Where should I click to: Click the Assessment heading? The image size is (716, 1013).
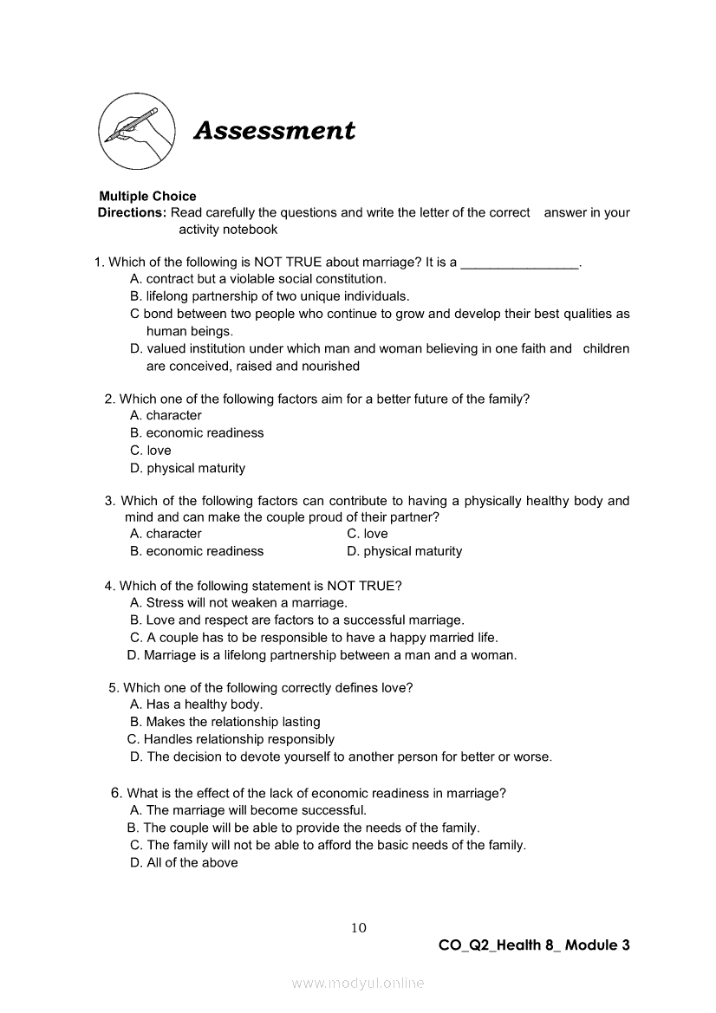coord(274,131)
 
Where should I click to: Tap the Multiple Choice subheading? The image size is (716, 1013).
coord(147,196)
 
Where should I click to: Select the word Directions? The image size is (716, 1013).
coord(132,212)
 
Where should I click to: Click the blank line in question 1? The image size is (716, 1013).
coord(519,263)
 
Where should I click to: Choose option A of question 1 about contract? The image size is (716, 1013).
coord(258,279)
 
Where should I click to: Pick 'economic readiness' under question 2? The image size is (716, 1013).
coord(197,433)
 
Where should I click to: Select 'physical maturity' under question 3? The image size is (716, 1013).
coord(405,551)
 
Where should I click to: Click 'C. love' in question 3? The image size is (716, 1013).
coord(368,534)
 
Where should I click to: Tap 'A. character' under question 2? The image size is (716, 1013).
coord(166,416)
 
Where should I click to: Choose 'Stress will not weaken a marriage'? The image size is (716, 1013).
coord(238,602)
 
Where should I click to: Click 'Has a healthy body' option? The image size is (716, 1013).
coord(197,705)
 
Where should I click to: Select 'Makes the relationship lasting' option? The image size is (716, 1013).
coord(225,722)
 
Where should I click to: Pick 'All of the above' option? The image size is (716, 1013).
coord(184,862)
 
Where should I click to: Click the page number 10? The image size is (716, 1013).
coord(359,928)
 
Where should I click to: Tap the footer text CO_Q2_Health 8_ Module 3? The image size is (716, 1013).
coord(534,945)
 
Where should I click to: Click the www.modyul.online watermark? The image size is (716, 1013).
coord(358,983)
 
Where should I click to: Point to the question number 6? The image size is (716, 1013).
coord(116,792)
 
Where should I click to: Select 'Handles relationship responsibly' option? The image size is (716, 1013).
coord(231,739)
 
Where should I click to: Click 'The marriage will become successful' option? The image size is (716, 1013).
coord(248,810)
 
